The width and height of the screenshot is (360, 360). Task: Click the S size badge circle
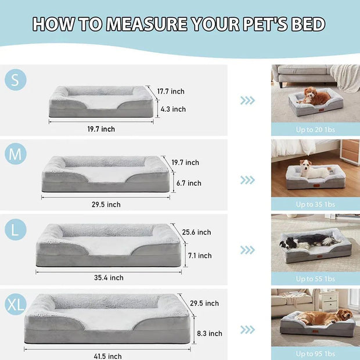16,79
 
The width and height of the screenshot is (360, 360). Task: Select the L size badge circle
16,231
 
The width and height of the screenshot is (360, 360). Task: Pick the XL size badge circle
16,304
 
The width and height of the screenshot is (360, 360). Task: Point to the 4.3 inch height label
172,109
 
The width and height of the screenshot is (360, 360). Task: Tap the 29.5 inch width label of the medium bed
106,204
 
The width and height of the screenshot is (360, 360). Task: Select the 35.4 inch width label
109,278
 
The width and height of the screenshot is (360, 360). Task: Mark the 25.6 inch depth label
196,232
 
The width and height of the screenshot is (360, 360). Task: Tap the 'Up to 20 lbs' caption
315,129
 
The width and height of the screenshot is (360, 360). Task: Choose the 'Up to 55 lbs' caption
315,279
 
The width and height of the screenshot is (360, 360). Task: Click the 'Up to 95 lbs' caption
315,354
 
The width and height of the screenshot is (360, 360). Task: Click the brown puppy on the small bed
316,96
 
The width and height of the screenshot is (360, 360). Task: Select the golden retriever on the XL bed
329,316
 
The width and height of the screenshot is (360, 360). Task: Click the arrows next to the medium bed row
248,180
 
